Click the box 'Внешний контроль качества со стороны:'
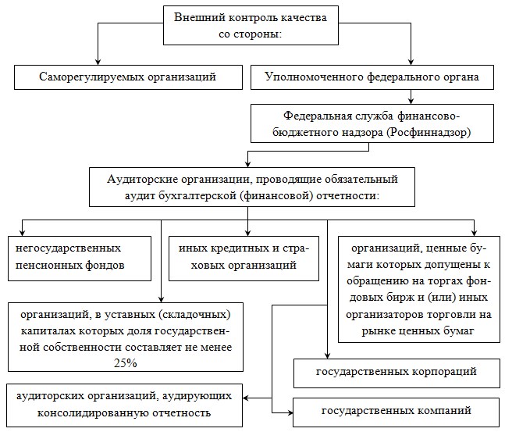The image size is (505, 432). click(251, 25)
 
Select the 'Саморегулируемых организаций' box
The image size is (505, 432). click(128, 77)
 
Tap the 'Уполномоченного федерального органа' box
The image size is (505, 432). click(372, 77)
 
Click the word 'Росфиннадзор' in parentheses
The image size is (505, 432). click(429, 133)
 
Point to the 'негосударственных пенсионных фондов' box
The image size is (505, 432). click(80, 259)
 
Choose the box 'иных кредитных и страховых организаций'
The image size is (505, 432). click(244, 259)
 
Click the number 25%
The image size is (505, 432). click(126, 363)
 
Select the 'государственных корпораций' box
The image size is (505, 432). click(397, 373)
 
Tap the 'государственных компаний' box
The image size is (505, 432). click(397, 412)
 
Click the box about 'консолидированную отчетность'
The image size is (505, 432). click(124, 405)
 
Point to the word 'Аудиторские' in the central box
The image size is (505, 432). click(142, 180)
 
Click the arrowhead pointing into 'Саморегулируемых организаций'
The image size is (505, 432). click(98, 62)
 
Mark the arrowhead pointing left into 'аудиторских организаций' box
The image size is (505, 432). click(247, 398)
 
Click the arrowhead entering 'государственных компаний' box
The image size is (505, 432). click(290, 412)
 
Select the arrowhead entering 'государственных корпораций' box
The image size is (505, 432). click(327, 355)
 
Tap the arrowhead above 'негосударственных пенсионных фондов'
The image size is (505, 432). click(22, 233)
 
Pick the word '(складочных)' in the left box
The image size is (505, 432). click(195, 315)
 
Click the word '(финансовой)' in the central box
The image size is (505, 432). click(276, 196)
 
